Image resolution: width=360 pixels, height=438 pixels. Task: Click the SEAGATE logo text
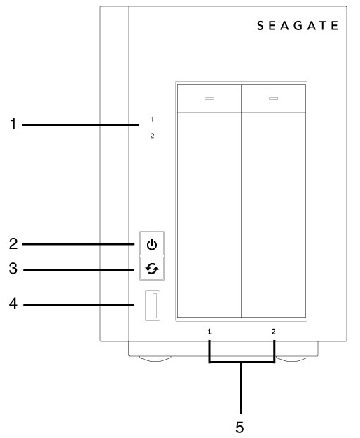298,26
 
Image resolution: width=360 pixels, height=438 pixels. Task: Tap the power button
152,243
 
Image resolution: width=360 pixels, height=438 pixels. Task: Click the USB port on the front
153,306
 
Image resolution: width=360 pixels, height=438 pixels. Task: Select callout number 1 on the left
13,124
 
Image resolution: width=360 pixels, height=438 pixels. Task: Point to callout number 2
13,243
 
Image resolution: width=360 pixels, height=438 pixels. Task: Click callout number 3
13,269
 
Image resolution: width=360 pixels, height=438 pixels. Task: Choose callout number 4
13,304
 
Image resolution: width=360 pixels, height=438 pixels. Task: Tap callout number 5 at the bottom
240,427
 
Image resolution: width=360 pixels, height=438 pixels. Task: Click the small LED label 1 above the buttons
152,120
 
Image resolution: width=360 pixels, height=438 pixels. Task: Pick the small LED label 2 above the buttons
152,136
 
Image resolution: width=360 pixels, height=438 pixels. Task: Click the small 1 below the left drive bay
209,332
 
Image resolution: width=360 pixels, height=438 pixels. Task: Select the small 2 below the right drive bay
274,332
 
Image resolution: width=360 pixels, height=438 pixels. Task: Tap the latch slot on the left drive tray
209,99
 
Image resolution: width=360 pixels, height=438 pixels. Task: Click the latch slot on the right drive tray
274,99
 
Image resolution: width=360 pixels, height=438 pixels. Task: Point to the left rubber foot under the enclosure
155,359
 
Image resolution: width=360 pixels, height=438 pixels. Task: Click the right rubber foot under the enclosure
291,359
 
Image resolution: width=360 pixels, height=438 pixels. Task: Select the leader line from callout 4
79,305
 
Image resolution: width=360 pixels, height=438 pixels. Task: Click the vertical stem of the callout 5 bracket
241,388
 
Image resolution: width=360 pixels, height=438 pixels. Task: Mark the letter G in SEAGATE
298,26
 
